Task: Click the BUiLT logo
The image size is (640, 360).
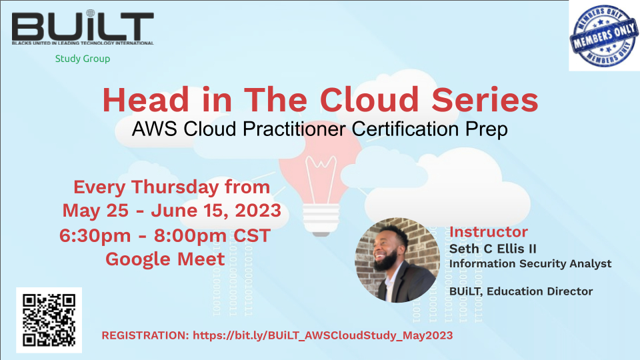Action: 83,29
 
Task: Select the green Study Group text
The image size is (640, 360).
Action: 83,59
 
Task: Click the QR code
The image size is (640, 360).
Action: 49,320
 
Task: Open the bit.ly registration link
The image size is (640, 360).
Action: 323,335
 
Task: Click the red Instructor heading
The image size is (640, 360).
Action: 489,232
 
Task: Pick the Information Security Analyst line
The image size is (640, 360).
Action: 530,263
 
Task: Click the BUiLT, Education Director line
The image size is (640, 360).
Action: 521,291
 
